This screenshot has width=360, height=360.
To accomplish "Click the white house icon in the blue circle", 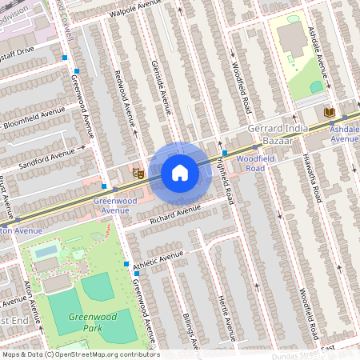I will tap(180, 173).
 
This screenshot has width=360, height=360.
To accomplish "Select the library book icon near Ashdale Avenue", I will tap(329, 113).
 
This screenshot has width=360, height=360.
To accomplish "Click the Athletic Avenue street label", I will tap(158, 258).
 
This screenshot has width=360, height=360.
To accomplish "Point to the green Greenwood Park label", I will tap(89, 322).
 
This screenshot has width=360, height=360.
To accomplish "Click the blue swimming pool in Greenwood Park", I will tap(46, 252).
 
